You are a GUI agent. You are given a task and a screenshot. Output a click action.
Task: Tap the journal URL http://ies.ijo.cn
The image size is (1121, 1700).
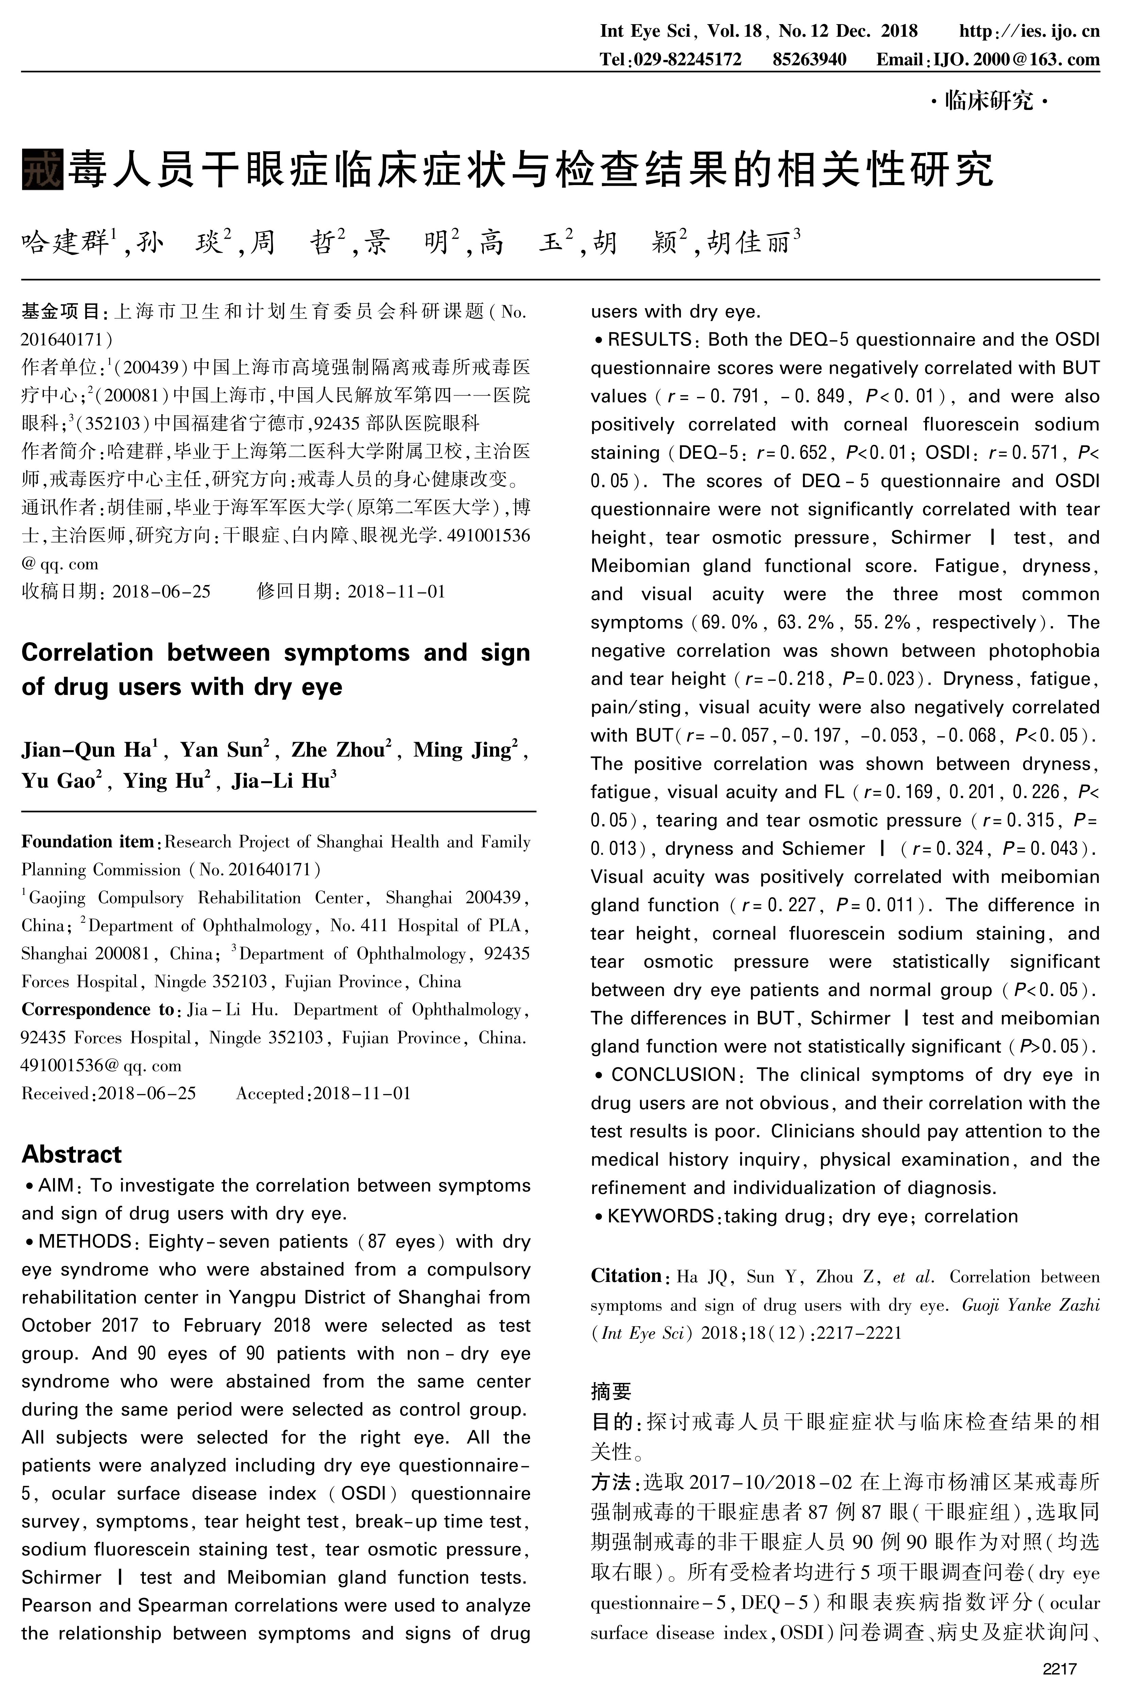coord(1029,32)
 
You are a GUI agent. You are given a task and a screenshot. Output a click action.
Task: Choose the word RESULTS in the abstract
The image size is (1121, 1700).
coord(649,340)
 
